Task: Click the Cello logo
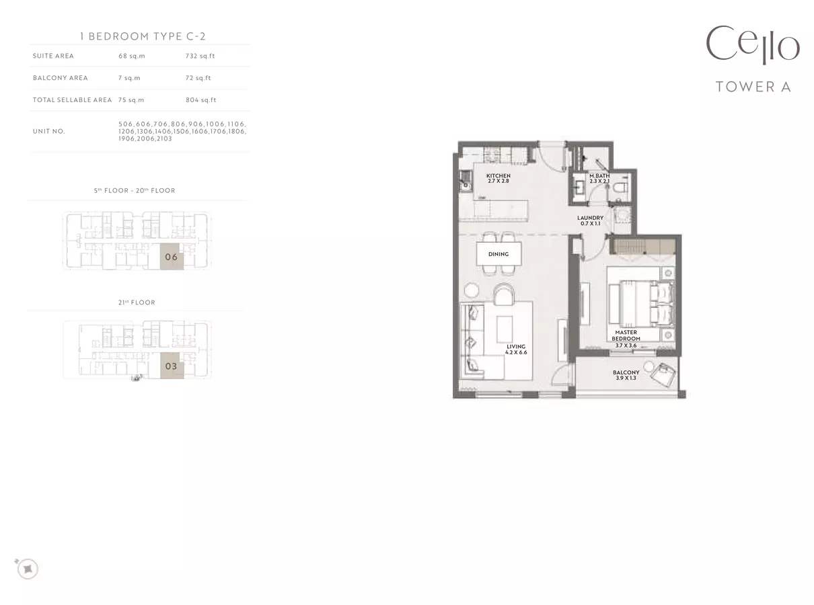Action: tap(752, 45)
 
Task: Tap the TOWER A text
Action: tap(753, 87)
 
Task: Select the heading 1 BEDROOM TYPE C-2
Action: tap(143, 36)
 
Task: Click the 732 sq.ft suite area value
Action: tap(200, 56)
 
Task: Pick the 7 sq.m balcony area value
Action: tap(129, 78)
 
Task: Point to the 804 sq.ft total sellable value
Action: tap(200, 99)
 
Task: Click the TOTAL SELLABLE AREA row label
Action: tap(72, 99)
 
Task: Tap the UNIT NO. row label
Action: tap(49, 131)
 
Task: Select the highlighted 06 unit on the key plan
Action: tap(172, 257)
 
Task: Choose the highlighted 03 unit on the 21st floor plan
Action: tap(172, 366)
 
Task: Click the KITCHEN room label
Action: tap(498, 175)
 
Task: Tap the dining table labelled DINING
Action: tap(498, 254)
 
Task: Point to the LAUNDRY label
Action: tap(590, 218)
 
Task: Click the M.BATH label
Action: tap(599, 175)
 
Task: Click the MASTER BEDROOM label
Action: tap(626, 335)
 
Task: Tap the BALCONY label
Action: tap(626, 372)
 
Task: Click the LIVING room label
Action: tap(516, 346)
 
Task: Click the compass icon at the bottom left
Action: tap(28, 569)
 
